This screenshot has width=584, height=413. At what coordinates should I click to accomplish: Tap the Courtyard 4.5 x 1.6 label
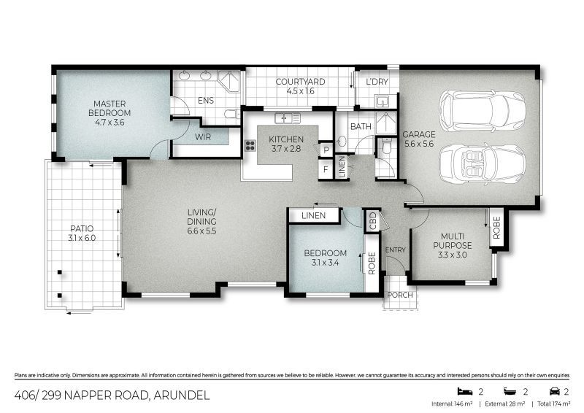(x=300, y=86)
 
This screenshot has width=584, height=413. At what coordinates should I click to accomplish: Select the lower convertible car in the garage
(x=483, y=162)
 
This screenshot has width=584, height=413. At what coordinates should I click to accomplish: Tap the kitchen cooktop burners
(x=250, y=144)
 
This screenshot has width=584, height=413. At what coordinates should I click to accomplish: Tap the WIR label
(x=202, y=136)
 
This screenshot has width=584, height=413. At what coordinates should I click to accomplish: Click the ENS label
(x=205, y=101)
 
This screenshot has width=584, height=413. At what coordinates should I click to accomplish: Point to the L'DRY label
(x=377, y=81)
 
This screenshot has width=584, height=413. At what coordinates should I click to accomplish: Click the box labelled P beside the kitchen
(x=326, y=150)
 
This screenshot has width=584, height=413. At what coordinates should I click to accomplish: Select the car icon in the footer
(x=554, y=391)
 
